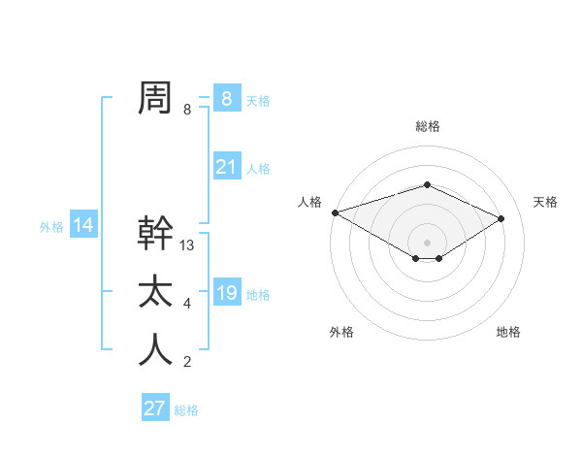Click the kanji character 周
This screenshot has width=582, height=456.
155,98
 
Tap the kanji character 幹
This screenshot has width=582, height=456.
155,234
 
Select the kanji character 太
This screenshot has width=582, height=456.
155,292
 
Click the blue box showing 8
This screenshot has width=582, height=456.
226,99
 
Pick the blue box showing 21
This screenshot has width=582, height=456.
226,167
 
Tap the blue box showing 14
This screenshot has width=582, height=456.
83,226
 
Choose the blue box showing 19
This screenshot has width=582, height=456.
226,293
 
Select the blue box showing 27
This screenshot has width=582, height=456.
155,408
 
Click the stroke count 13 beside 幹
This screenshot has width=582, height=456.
187,246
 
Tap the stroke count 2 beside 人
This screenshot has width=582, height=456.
187,363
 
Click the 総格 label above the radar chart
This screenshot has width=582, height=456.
427,127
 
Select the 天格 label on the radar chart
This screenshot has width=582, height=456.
545,202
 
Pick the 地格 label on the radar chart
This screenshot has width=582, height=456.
508,333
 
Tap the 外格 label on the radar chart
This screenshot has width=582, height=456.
341,333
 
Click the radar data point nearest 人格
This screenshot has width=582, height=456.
335,212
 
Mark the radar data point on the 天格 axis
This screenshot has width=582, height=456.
501,217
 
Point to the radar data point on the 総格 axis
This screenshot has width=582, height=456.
427,184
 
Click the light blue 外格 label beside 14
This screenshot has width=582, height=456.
51,227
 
